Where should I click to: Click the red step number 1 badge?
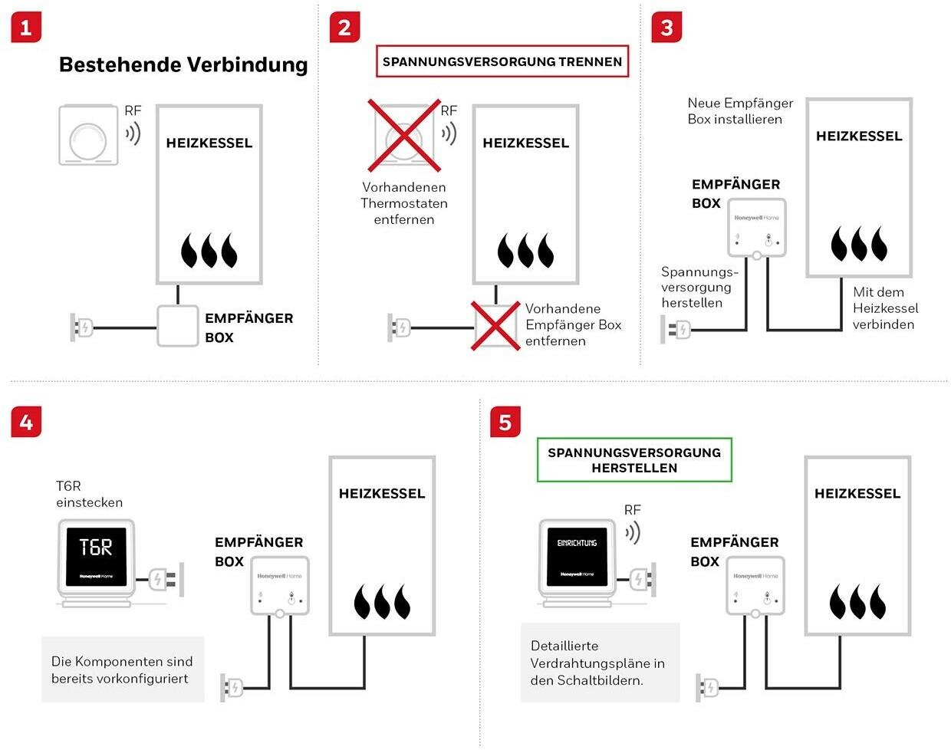coord(26,28)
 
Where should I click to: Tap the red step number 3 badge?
coord(666,28)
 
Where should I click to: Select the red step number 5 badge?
coord(505,423)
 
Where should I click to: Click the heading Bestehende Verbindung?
coord(183,64)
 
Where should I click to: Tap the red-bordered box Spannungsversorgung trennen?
coord(502,62)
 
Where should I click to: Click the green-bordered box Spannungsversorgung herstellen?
coord(634,460)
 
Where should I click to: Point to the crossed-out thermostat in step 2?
coord(404,136)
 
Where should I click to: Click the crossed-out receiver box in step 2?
coord(495,325)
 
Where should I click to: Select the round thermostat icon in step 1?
coord(89,136)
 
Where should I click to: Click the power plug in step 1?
coord(81,327)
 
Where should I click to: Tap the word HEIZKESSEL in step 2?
coord(525,143)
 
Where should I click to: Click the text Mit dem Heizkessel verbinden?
coord(885,308)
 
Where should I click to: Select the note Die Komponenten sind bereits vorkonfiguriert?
coord(122,669)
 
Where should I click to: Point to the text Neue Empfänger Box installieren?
coord(740,111)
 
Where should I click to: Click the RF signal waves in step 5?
coord(633,532)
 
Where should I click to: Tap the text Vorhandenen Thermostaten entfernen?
coord(404,203)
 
